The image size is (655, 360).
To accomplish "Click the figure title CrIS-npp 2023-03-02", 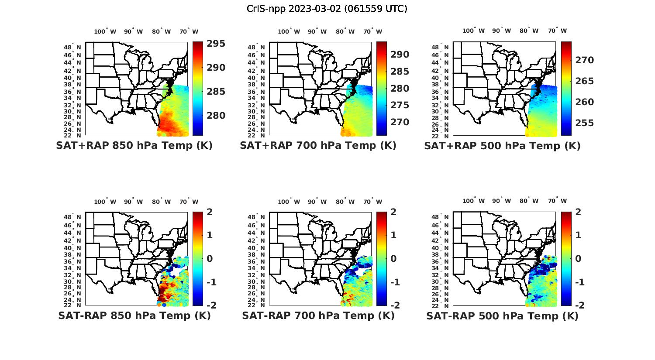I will coord(327,9).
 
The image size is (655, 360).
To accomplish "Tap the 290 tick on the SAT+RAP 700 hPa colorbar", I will coord(400,55).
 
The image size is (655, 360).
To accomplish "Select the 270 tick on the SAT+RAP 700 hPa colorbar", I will coord(400,122).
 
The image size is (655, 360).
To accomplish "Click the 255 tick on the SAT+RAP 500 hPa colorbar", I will coord(585,123).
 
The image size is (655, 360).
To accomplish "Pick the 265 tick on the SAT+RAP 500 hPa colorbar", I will coord(585,81).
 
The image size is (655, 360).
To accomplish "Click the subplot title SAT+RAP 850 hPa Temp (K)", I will coord(134,146).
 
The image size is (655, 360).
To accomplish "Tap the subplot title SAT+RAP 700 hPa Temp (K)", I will coord(318,146).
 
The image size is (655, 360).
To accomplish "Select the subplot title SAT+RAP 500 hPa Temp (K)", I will coord(502,146).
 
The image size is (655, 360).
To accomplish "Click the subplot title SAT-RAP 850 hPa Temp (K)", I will coord(134,316).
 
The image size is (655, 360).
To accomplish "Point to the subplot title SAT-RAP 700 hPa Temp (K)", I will coord(318,316).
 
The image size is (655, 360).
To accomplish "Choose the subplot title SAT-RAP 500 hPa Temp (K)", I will coord(502,316).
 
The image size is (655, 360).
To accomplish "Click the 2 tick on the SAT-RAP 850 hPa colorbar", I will coord(209,212).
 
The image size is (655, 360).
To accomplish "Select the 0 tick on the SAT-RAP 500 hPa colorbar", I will coord(578,258).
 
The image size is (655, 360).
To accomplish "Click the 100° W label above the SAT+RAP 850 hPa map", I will coord(105,31).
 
